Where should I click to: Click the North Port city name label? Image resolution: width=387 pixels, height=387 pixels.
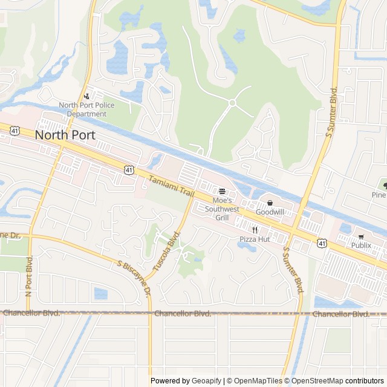pyautogui.click(x=65, y=135)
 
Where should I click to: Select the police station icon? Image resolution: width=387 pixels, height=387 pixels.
pyautogui.click(x=87, y=96)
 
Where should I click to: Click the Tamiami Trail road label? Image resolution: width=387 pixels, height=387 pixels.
pyautogui.click(x=171, y=185)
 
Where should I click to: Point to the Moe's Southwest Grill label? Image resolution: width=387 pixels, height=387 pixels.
pyautogui.click(x=222, y=209)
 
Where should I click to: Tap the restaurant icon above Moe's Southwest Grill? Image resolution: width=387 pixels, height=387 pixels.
pyautogui.click(x=222, y=191)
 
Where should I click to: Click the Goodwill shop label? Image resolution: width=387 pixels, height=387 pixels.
pyautogui.click(x=270, y=212)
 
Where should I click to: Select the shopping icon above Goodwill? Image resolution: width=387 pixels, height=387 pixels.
pyautogui.click(x=270, y=203)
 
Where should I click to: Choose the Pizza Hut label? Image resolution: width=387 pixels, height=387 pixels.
pyautogui.click(x=255, y=239)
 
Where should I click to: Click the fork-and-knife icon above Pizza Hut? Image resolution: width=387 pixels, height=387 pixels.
pyautogui.click(x=255, y=230)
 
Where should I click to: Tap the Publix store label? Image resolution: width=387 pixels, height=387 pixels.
pyautogui.click(x=361, y=246)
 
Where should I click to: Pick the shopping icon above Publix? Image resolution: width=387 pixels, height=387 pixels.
pyautogui.click(x=361, y=236)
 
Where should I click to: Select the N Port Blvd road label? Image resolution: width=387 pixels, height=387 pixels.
pyautogui.click(x=28, y=278)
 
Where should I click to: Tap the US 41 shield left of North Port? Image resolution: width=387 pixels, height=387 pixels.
pyautogui.click(x=14, y=131)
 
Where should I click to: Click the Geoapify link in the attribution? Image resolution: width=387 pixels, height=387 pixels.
pyautogui.click(x=207, y=381)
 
